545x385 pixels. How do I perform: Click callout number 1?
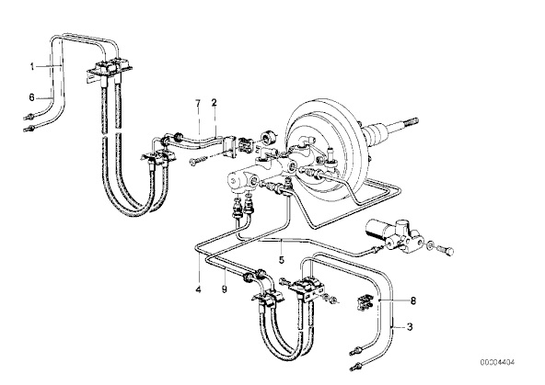pyautogui.click(x=32, y=67)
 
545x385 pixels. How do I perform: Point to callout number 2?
pyautogui.click(x=214, y=103)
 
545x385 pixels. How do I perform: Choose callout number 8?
pyautogui.click(x=413, y=300)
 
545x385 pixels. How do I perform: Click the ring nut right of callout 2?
pyautogui.click(x=269, y=137)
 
